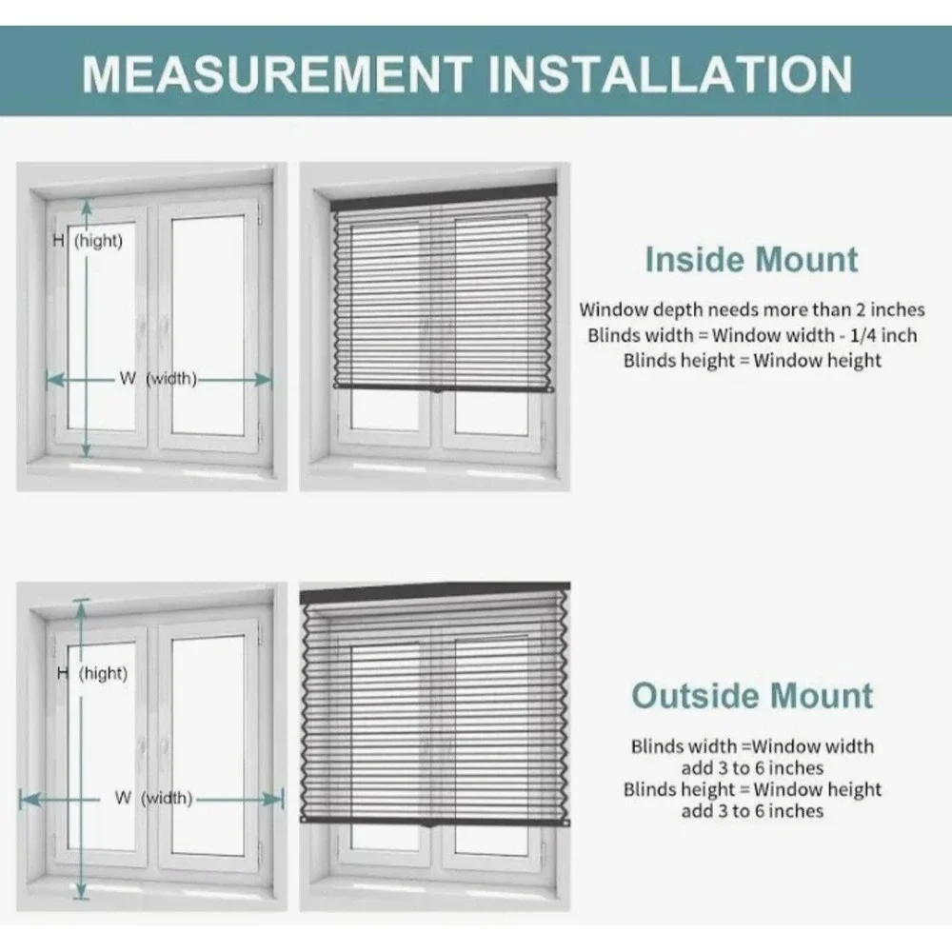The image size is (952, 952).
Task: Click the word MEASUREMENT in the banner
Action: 277,73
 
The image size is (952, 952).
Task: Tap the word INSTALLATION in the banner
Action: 670,73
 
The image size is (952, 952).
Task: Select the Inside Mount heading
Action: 752,260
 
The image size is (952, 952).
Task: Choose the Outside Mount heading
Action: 752,696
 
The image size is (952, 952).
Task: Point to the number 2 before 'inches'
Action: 861,309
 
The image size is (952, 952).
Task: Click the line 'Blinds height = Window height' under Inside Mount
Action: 752,361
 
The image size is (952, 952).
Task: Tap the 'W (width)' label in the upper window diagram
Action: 158,379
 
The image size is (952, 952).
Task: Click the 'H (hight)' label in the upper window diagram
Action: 88,241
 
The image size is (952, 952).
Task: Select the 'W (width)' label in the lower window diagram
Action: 153,798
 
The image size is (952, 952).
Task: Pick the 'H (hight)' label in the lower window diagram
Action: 91,673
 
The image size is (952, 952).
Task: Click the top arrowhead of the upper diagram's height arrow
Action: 87,207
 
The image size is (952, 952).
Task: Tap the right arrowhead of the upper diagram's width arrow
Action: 263,380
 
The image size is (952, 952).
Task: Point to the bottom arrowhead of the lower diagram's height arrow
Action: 81,891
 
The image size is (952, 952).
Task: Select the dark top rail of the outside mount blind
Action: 435,593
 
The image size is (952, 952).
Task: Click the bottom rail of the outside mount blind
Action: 435,821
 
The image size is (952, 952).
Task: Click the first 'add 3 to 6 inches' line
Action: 752,768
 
